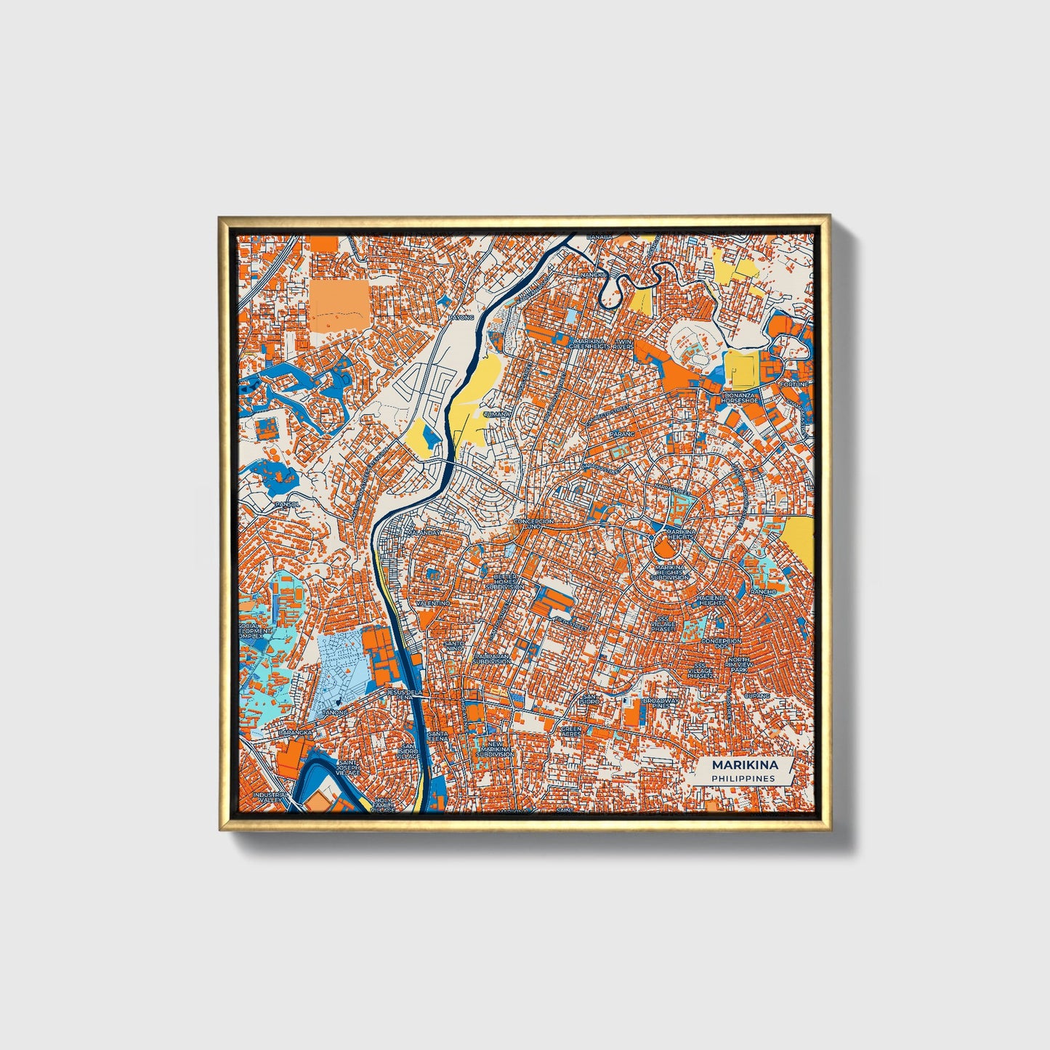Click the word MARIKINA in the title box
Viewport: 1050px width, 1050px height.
(x=744, y=765)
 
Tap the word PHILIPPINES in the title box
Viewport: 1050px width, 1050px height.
(x=743, y=778)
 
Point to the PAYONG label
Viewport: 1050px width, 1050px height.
(x=460, y=318)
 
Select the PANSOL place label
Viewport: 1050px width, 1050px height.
(x=286, y=504)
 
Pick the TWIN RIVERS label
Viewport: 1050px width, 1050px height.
(x=623, y=344)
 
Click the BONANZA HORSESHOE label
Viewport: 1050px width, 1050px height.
(x=740, y=397)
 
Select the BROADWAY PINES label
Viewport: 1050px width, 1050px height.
(x=661, y=703)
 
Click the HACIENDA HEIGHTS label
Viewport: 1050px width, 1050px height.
(x=711, y=600)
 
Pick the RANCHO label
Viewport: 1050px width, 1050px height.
(x=764, y=592)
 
